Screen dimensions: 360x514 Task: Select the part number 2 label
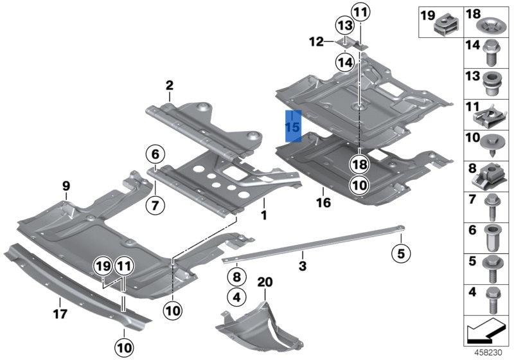[170, 85]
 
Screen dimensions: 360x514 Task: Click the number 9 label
[66, 186]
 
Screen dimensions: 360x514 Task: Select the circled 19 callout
[102, 265]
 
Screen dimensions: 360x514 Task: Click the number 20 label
[265, 282]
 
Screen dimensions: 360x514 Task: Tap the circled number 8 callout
[236, 277]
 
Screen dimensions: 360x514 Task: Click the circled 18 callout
[359, 165]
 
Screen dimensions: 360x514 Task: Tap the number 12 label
[317, 42]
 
